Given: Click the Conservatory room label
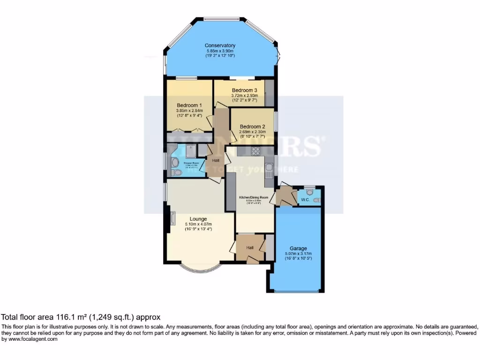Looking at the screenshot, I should click(220, 45).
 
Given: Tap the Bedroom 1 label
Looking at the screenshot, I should click(189, 105).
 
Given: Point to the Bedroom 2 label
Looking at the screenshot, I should click(253, 127).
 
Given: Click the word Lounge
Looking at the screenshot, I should click(198, 219).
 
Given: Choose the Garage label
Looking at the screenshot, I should click(298, 248).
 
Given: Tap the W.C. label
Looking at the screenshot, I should click(305, 200).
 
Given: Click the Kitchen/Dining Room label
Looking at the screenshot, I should click(254, 198).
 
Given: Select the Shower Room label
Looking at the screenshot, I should click(191, 163).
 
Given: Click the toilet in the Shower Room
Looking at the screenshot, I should click(176, 173).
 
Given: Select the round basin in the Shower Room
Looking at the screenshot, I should click(174, 162).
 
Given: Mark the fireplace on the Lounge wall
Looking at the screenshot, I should click(172, 218).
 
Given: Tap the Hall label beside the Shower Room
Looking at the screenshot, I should click(216, 161).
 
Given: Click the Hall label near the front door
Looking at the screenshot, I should click(250, 247).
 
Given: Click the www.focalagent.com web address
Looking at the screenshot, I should click(32, 339).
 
